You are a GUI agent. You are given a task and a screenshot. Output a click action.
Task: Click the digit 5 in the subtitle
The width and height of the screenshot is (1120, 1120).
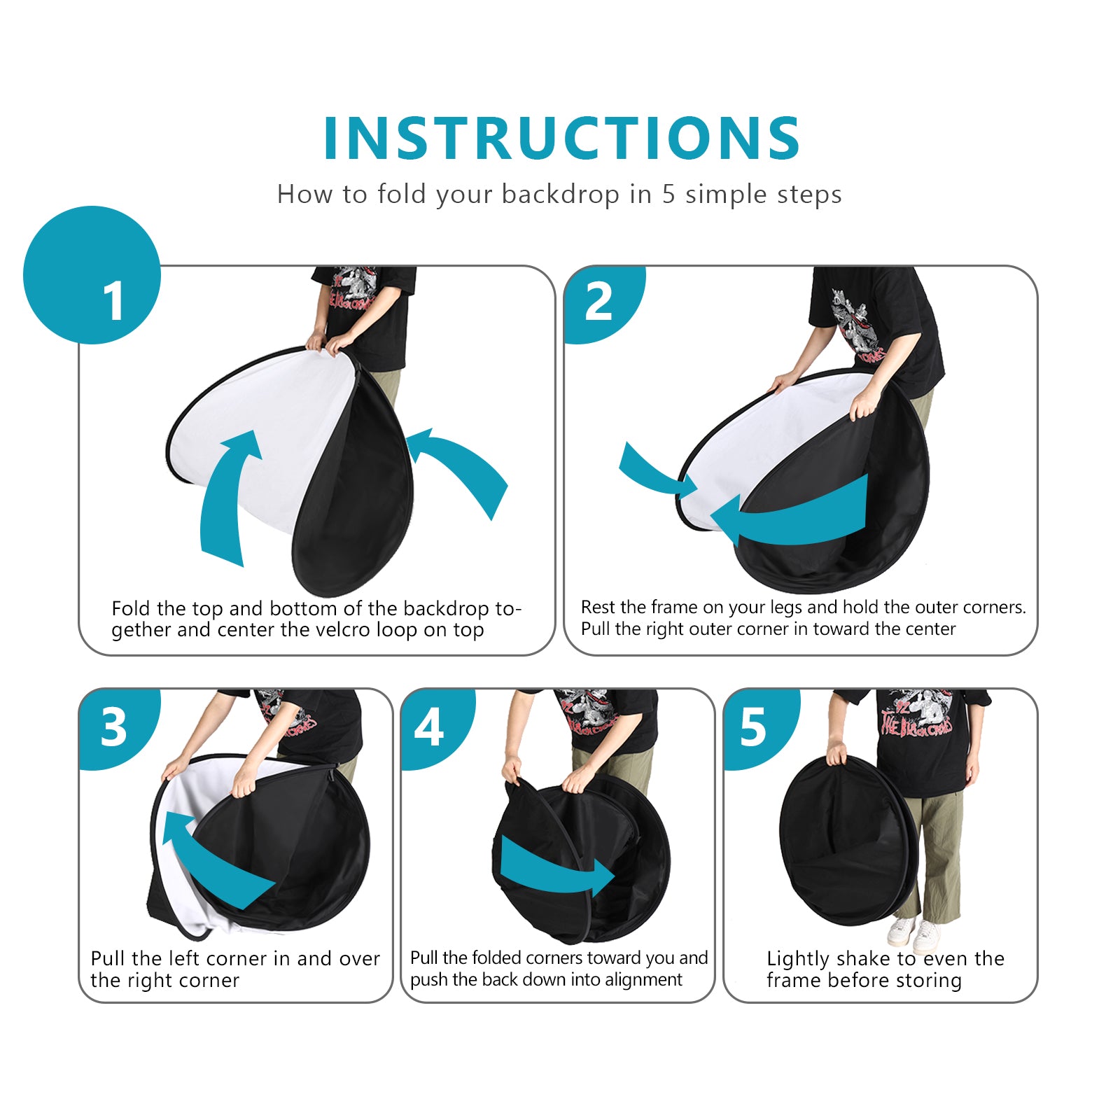tap(668, 195)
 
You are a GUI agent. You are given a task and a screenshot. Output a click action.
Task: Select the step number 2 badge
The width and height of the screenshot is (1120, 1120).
tap(598, 302)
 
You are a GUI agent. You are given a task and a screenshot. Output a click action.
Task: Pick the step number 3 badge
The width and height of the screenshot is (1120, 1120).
tap(113, 727)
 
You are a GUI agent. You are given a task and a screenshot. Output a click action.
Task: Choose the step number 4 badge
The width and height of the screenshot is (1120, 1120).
tap(428, 727)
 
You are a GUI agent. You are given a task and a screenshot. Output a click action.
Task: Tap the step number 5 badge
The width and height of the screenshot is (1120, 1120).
tap(753, 727)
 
